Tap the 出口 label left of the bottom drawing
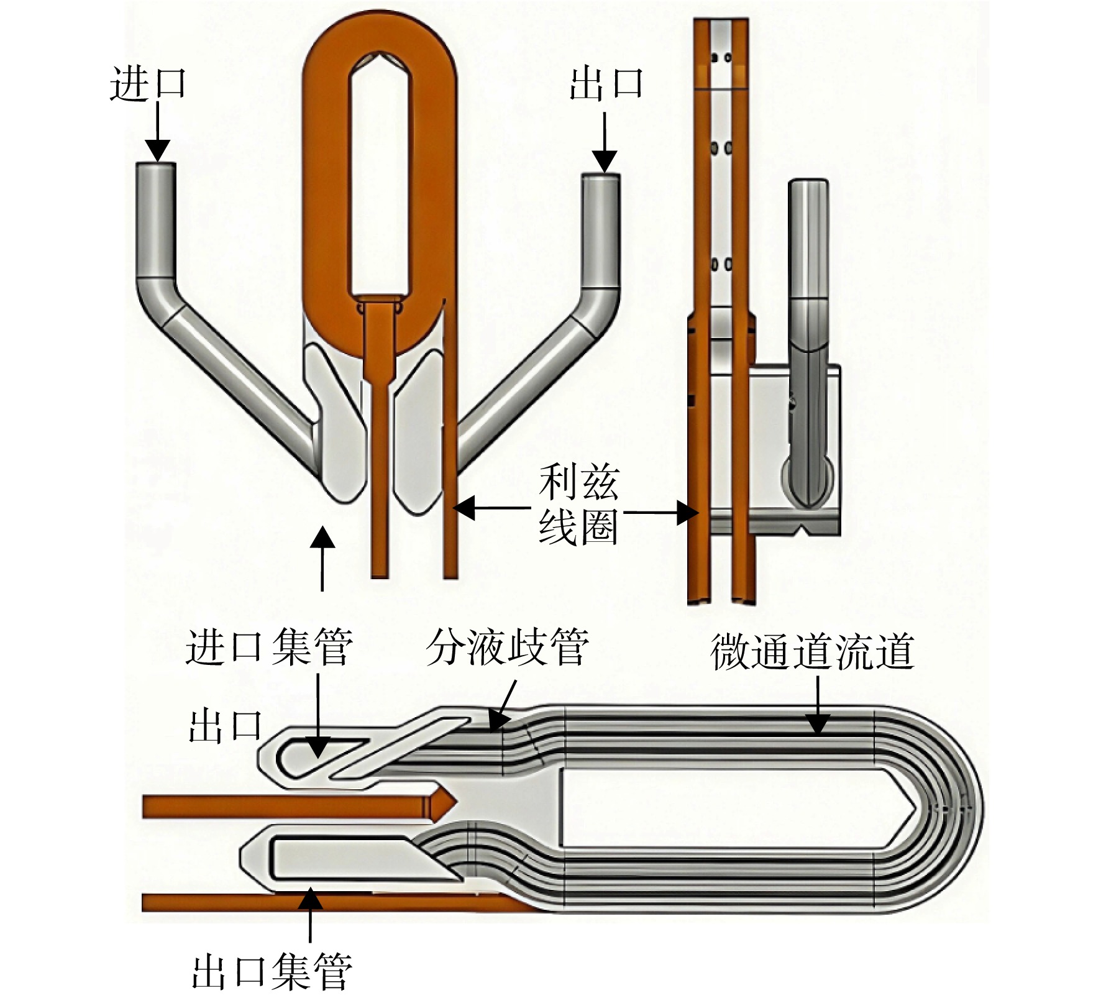point(225,726)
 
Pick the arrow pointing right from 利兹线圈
point(661,513)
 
